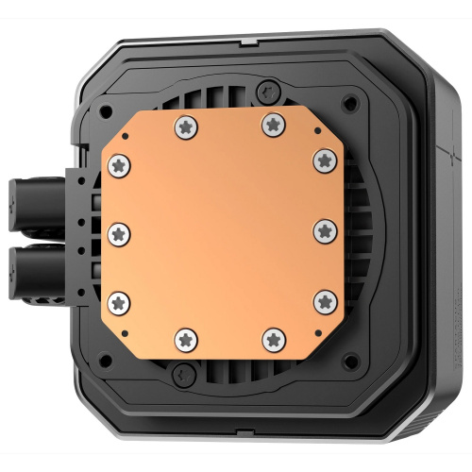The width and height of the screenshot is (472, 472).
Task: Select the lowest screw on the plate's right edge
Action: pos(324,300)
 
